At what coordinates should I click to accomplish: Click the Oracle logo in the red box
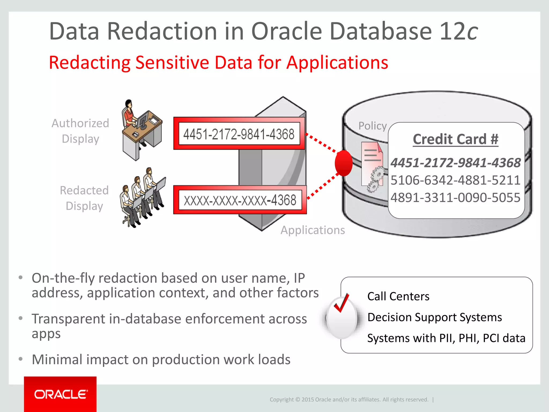coord(61,394)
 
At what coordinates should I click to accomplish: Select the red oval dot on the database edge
coord(344,163)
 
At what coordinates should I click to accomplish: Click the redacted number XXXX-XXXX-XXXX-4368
coord(240,200)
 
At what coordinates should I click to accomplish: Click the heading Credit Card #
coord(455,139)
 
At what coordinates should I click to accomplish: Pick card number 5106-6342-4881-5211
coord(455,180)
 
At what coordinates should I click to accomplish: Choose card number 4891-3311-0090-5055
coord(455,197)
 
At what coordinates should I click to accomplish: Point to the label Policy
coord(373,126)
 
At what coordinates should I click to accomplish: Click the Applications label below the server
coord(313,230)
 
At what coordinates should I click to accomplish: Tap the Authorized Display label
coord(80,131)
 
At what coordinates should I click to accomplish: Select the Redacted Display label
coord(84,198)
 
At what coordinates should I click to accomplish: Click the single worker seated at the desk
coord(141,129)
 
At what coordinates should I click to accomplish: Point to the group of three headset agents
coord(142,197)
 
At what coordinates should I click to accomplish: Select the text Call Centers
coord(398,296)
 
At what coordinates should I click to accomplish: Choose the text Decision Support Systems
coord(435,317)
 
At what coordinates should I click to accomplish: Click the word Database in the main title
coord(380,31)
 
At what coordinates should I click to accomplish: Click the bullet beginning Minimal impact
coord(161,359)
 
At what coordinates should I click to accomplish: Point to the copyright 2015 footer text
coord(349,400)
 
